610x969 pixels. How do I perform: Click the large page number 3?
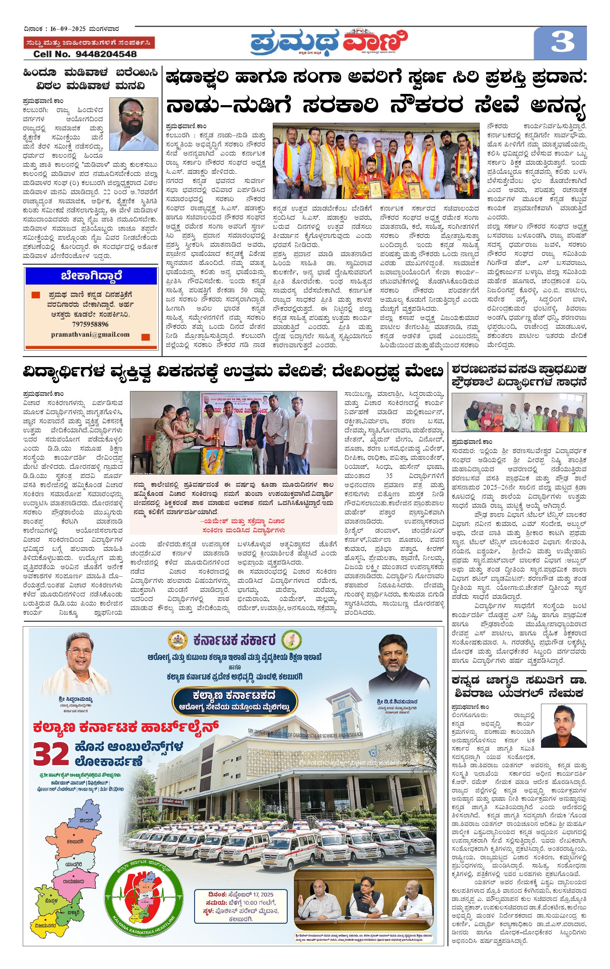click(562, 42)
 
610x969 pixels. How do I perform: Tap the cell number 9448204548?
click(85, 54)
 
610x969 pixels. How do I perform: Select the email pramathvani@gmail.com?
click(90, 335)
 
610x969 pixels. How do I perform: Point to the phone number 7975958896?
click(90, 324)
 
